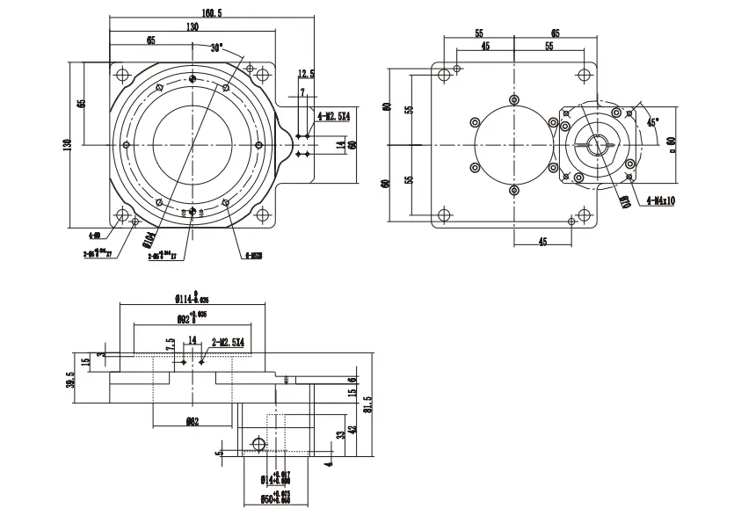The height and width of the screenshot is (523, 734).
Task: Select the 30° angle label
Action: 217,47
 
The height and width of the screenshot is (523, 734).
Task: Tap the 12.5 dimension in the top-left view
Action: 305,73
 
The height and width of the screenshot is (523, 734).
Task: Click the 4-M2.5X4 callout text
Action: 334,115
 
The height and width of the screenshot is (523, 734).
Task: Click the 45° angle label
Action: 652,122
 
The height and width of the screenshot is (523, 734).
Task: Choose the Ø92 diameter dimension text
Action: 191,317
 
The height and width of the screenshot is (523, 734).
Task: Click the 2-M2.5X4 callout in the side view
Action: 227,341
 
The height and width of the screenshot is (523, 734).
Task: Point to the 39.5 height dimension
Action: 71,377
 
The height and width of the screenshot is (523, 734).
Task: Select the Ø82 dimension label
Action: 192,421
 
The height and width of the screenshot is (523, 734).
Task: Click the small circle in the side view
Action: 258,443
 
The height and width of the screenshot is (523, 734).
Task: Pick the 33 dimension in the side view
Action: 341,433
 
